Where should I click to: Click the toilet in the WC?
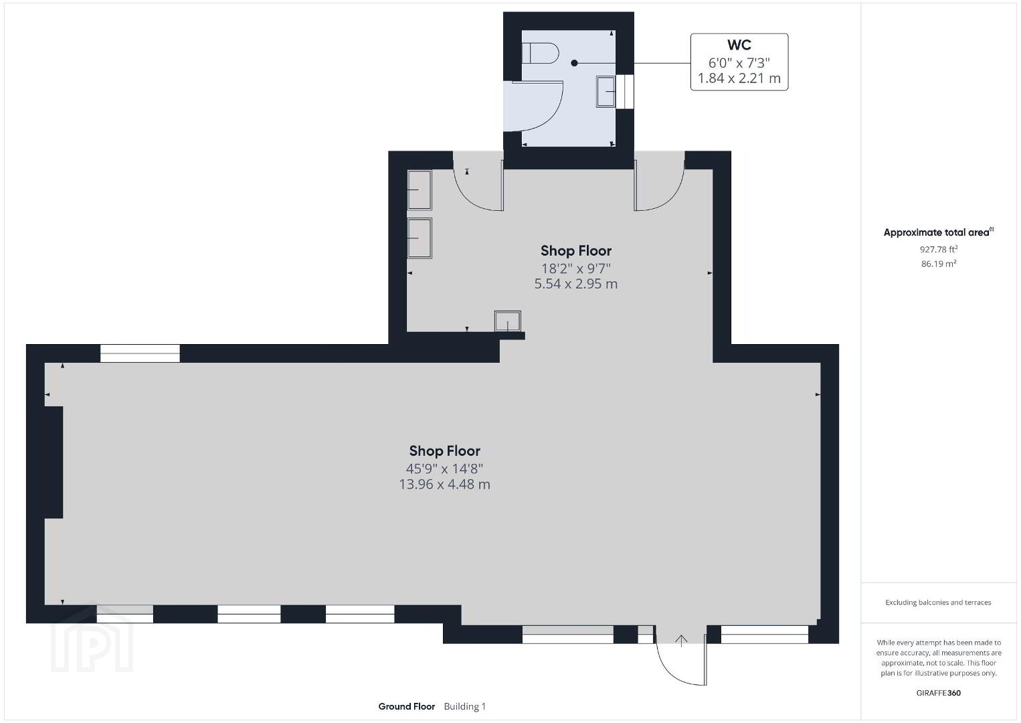540,54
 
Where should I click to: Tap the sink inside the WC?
606,92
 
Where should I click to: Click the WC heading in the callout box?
739,45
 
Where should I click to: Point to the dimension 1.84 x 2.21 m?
739,78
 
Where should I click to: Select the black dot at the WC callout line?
574,63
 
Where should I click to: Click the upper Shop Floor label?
576,250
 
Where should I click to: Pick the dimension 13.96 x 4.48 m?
444,484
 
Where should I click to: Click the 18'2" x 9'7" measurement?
576,268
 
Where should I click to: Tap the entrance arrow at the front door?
681,641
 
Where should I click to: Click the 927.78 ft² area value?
939,249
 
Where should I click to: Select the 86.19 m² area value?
939,263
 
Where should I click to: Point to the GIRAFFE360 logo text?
939,693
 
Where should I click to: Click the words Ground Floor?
407,706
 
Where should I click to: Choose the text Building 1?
465,706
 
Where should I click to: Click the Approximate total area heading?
939,232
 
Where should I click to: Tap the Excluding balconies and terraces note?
938,602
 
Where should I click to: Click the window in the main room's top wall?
140,353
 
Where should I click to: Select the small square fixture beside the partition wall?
507,321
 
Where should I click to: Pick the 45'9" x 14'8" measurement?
444,469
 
